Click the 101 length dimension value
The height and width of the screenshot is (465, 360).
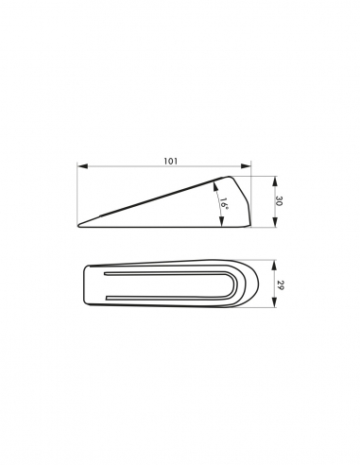click(170, 161)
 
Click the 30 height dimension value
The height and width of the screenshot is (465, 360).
click(279, 201)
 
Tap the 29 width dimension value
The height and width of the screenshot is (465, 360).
click(279, 284)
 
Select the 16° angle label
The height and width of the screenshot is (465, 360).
click(224, 203)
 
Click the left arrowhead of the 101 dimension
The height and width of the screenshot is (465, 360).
click(82, 165)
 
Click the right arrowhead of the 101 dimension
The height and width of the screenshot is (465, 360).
click(246, 165)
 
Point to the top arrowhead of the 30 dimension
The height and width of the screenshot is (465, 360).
click(275, 181)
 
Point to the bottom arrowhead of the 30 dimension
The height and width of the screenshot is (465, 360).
click(275, 222)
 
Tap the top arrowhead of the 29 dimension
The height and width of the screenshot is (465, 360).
click(275, 265)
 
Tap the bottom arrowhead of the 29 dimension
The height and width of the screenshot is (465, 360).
click(275, 302)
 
